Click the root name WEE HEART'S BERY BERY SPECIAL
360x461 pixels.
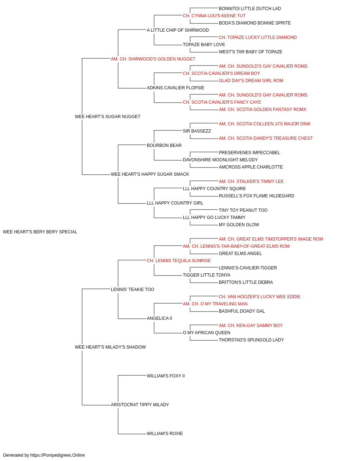tap(40, 232)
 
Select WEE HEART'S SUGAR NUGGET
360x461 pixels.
tap(108, 117)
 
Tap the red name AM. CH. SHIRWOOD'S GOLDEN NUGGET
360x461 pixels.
tap(153, 59)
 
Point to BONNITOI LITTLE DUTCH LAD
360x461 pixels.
tap(250, 9)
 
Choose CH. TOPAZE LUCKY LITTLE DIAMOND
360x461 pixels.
tap(258, 37)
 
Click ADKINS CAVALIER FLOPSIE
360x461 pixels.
tap(176, 88)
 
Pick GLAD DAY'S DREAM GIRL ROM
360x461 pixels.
tap(251, 81)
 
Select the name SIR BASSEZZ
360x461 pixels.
tap(197, 131)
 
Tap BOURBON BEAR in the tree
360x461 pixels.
tap(164, 146)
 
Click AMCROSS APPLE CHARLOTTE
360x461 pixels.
tap(251, 167)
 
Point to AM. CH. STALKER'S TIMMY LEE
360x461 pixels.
tap(251, 182)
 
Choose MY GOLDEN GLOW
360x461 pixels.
tap(239, 225)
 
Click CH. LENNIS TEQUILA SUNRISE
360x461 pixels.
tap(179, 261)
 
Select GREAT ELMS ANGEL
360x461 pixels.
tap(240, 254)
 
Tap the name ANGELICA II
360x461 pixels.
tap(159, 318)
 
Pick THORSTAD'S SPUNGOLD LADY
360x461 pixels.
tap(251, 340)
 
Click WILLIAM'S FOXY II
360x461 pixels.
tap(166, 376)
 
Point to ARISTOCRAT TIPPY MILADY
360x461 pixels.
tap(140, 405)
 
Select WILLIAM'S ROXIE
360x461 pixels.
tap(165, 434)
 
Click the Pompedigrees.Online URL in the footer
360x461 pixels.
tap(58, 455)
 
